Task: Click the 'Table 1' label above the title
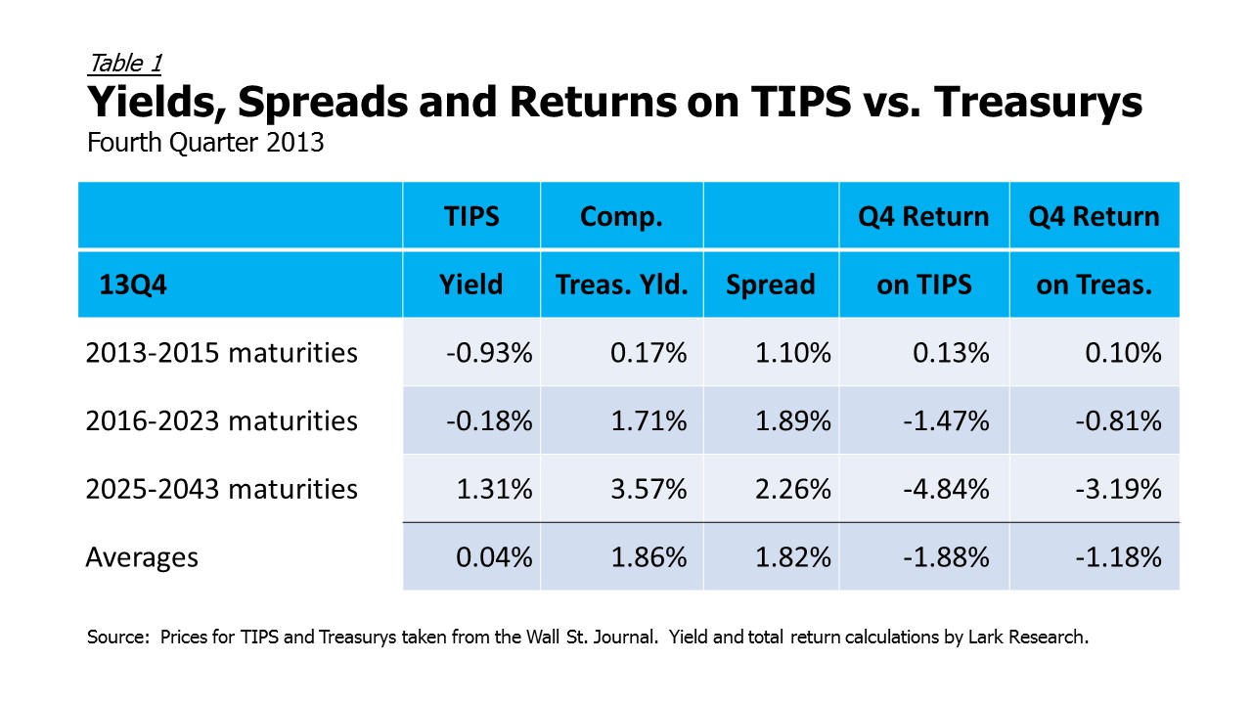125,64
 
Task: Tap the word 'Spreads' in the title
323,103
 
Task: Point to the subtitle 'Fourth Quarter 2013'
205,142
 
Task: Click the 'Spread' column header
771,285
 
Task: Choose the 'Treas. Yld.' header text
621,285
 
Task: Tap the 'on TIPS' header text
924,285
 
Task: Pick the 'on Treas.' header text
1095,285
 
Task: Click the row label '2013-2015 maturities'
221,353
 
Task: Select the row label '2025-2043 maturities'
221,489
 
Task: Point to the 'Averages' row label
142,557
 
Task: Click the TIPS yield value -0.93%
489,353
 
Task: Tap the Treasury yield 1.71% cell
648,420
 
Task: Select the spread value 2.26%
793,489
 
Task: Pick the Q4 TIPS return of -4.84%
946,489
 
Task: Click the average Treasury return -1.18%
1118,557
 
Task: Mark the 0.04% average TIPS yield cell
494,557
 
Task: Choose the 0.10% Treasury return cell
1124,353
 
